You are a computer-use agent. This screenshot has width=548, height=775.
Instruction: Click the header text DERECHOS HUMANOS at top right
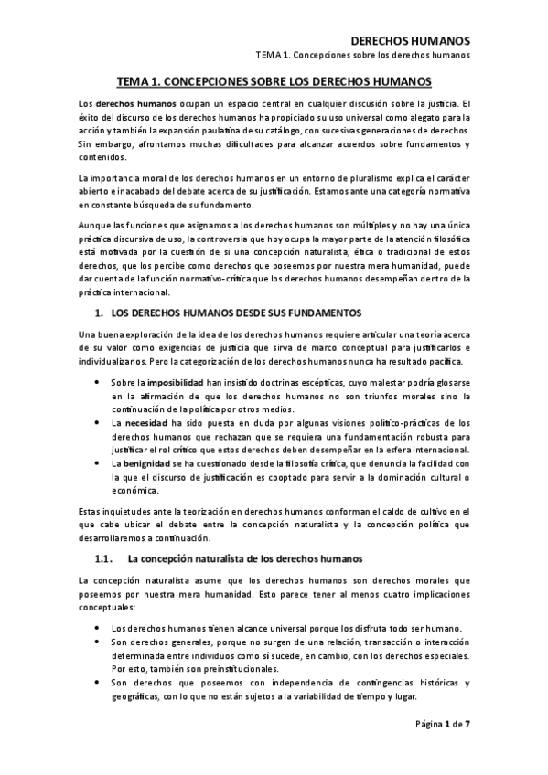tap(411, 41)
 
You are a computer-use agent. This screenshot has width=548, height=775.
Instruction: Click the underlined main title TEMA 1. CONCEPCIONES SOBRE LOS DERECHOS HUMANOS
tap(274, 82)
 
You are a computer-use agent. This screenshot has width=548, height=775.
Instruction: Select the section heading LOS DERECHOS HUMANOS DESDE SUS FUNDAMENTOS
tap(220, 313)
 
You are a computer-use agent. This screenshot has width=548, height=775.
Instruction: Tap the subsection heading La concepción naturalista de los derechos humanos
tap(220, 557)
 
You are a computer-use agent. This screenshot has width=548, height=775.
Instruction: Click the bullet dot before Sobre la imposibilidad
tap(98, 382)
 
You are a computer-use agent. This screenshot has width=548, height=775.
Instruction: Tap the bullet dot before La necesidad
tap(98, 423)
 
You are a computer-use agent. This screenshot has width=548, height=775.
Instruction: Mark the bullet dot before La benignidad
tap(98, 464)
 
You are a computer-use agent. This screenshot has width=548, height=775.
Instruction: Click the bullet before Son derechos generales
tap(98, 642)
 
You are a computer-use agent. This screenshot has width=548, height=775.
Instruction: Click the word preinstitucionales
tap(200, 669)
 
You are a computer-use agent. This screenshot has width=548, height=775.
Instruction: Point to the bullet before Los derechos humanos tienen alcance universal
tap(98, 629)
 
